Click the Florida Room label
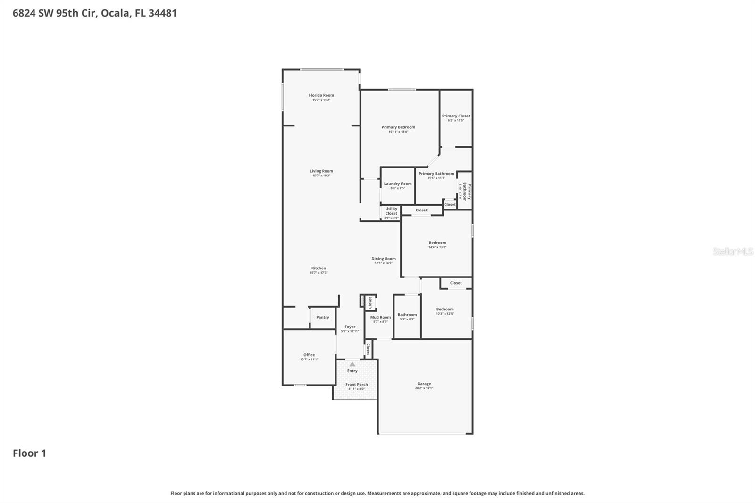[321, 96]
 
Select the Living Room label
[321, 172]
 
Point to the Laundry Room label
[398, 184]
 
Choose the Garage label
[424, 384]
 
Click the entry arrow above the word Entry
[352, 364]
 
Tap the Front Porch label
[356, 385]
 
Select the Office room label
[309, 355]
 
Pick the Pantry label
[323, 318]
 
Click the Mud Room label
[380, 318]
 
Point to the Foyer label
[350, 327]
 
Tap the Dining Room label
[384, 259]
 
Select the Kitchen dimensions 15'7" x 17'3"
[319, 273]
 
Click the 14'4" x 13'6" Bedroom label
[437, 243]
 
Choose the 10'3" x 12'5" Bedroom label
[445, 310]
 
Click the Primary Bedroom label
[398, 127]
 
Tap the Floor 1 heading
[29, 453]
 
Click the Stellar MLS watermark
[732, 252]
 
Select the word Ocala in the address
[115, 13]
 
